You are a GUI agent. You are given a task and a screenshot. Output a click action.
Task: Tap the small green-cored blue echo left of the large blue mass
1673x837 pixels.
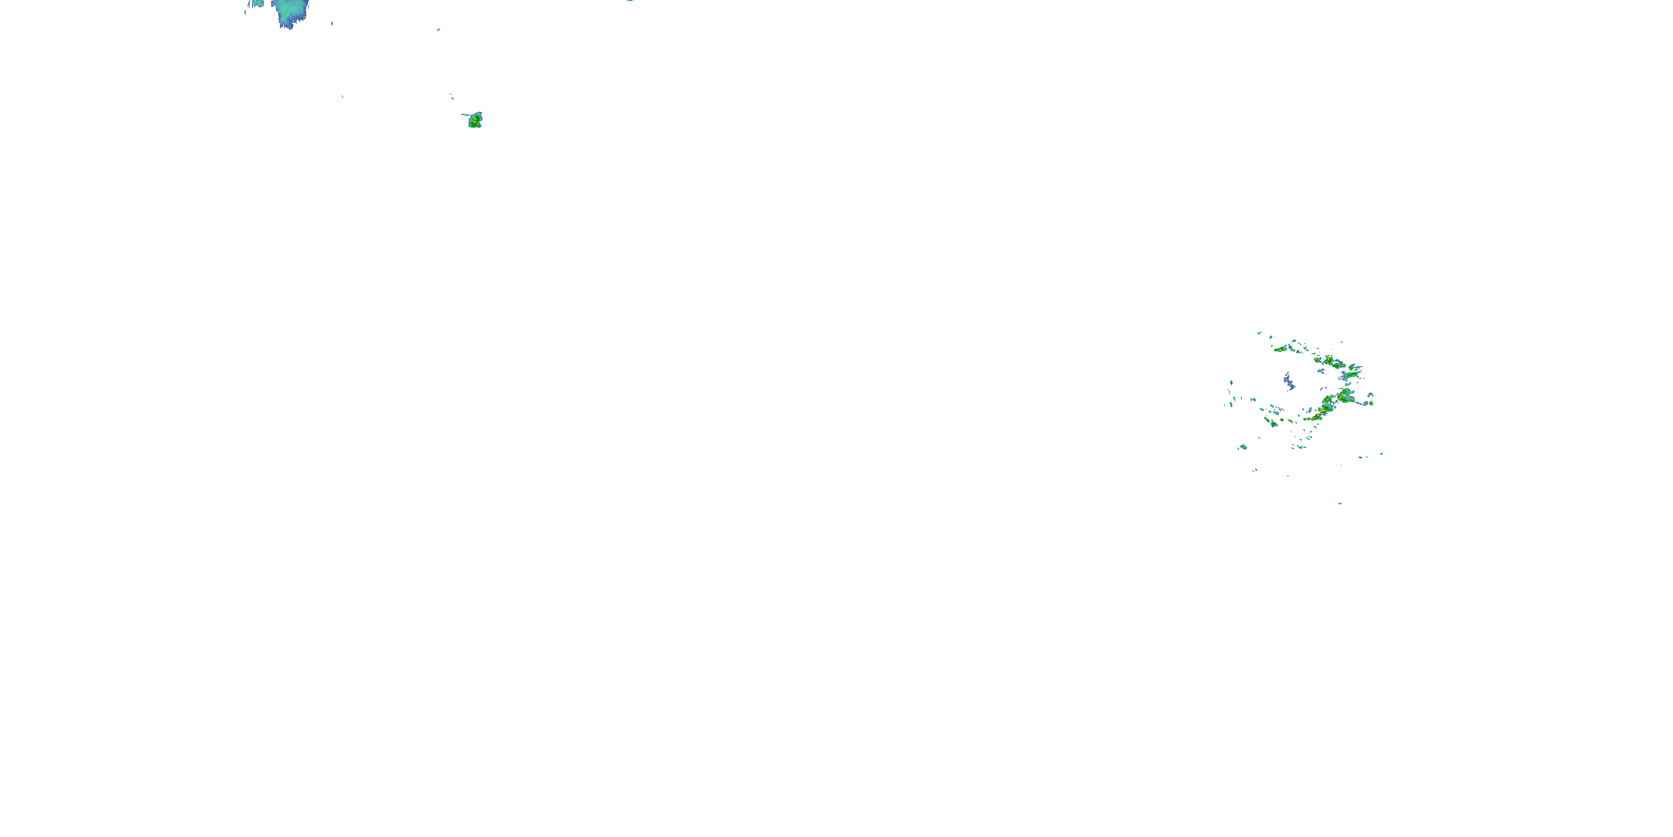[257, 4]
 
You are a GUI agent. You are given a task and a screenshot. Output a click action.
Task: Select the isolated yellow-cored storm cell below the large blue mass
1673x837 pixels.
[475, 120]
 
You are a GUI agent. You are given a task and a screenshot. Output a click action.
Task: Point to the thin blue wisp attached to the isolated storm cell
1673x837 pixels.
[465, 115]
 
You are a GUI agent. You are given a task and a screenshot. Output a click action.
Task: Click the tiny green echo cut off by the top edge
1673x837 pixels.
[629, 1]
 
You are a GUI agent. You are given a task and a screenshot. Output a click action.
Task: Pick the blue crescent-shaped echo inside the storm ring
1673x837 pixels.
[1289, 382]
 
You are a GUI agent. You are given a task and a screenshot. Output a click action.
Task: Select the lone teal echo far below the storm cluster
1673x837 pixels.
[1340, 503]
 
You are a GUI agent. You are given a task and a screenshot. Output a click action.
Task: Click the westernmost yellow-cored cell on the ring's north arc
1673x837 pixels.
[1282, 349]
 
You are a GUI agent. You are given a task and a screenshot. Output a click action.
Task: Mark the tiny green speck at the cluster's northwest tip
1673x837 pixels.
[1259, 333]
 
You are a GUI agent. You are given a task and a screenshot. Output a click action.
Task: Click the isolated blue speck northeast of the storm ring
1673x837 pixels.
[1342, 342]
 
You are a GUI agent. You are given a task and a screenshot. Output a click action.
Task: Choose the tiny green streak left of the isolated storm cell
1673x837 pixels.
[342, 97]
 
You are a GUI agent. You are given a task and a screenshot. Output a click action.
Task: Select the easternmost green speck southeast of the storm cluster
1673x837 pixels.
[1381, 454]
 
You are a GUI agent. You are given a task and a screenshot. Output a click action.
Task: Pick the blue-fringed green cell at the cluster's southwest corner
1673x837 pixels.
[1242, 447]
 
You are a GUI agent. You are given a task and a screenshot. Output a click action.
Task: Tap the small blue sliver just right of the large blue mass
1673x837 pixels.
[332, 23]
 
